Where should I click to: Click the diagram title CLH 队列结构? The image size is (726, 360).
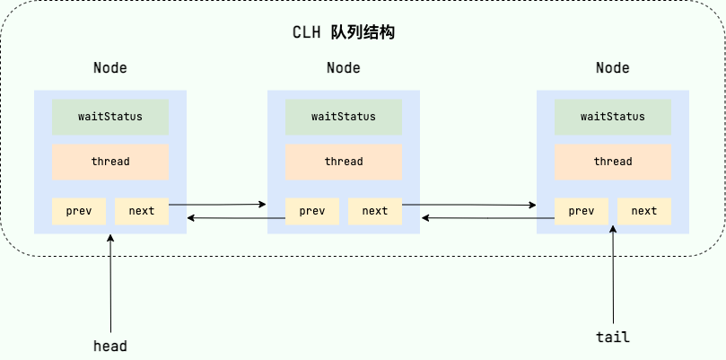click(x=344, y=32)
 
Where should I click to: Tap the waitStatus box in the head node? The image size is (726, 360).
click(x=110, y=117)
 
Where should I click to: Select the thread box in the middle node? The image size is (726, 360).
click(x=344, y=162)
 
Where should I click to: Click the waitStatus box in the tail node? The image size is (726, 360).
click(x=613, y=117)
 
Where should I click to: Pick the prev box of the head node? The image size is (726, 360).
click(x=79, y=211)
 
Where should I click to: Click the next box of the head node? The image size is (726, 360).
click(x=142, y=211)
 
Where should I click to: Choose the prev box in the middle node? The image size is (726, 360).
click(x=312, y=211)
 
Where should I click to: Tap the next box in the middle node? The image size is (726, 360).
click(x=375, y=211)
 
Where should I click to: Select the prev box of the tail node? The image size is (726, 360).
click(x=582, y=211)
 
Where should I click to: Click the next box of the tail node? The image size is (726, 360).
click(x=644, y=211)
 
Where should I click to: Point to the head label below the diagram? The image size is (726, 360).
click(x=110, y=346)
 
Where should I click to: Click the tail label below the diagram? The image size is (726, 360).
click(x=613, y=338)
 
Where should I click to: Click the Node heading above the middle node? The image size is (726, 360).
click(x=344, y=68)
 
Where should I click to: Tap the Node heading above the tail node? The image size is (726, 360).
click(x=613, y=68)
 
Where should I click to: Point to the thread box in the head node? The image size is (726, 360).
click(x=110, y=162)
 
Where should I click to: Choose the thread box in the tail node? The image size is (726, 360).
click(x=613, y=162)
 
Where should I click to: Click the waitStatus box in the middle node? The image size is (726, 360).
click(x=344, y=117)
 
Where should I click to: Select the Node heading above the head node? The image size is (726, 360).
click(x=110, y=68)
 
